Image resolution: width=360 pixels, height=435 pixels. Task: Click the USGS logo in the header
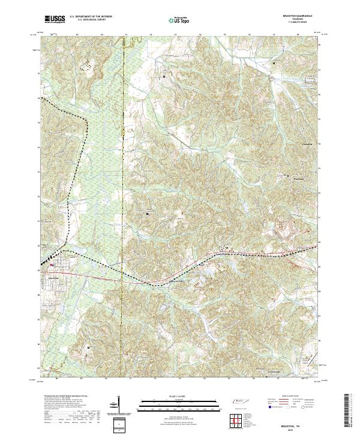55,19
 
